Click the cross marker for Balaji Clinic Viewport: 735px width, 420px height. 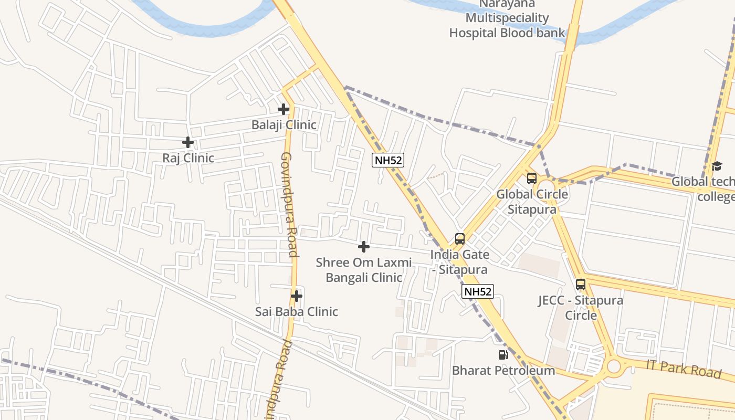(283, 109)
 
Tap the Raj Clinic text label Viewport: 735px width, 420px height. (188, 158)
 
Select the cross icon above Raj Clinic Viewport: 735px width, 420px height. (188, 142)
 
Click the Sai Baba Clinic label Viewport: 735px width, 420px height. (297, 312)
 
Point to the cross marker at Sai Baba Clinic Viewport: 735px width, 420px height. (297, 296)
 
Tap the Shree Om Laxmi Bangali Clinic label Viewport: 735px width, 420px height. (364, 270)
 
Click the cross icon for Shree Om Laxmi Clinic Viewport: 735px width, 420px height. (363, 247)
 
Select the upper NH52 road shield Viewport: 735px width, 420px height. (388, 160)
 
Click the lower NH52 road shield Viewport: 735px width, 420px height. (478, 291)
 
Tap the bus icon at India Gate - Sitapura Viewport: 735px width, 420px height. (460, 239)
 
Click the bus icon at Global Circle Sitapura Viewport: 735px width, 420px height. (532, 178)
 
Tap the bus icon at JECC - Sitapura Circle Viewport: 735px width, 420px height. (581, 285)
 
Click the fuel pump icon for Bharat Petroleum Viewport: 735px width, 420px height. (503, 355)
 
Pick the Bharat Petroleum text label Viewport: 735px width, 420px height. (503, 371)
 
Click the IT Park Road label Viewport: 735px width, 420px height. (684, 369)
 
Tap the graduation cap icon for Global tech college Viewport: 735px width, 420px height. (717, 166)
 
